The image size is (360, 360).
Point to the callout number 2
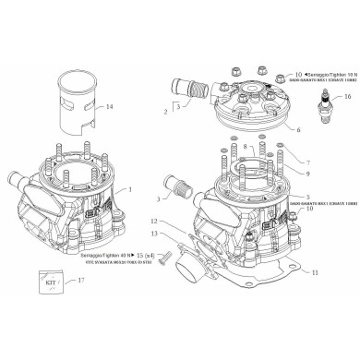165,112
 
